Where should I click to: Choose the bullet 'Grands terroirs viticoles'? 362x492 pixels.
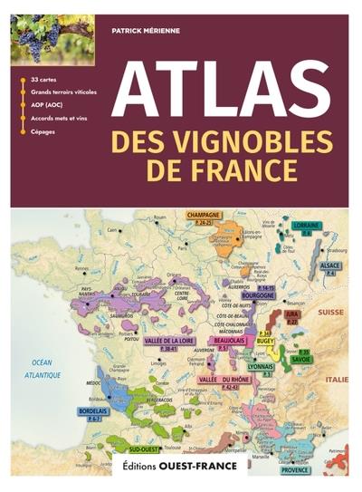click(x=64, y=92)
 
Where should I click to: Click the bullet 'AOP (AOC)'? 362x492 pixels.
click(x=48, y=105)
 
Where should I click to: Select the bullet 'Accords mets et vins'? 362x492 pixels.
click(x=59, y=118)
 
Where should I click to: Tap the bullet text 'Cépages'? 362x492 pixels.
click(x=43, y=131)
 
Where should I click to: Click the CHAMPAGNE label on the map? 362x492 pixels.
click(x=205, y=216)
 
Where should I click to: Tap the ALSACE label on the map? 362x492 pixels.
click(x=331, y=265)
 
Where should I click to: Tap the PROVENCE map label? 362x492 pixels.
click(x=293, y=469)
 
